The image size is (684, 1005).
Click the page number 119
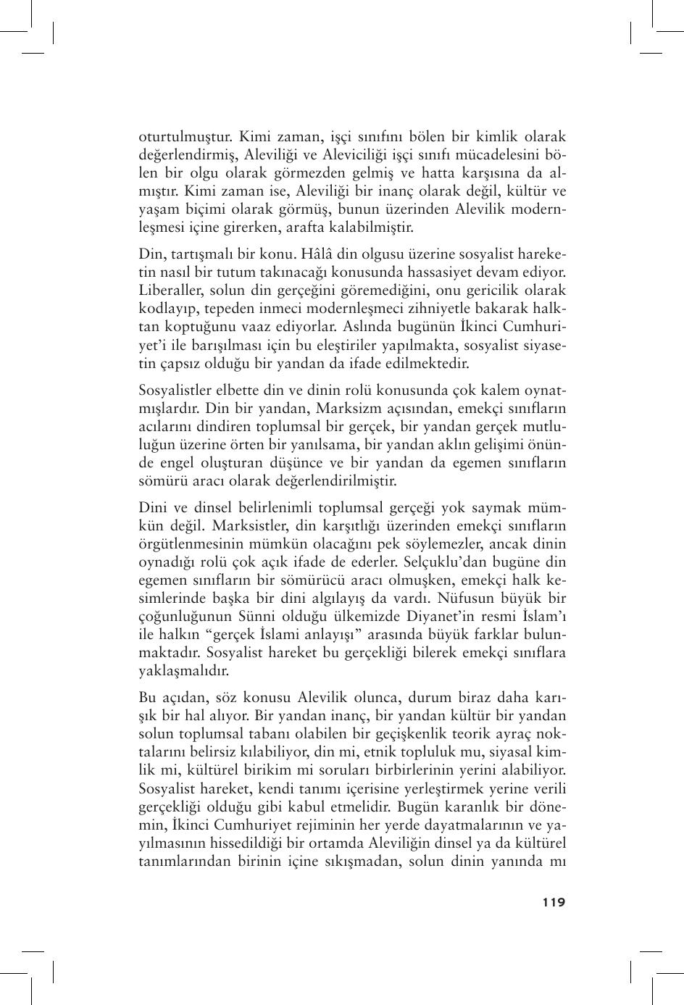click(x=553, y=902)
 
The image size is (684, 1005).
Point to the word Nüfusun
click(x=467, y=599)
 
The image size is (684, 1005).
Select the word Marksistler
click(x=234, y=525)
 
